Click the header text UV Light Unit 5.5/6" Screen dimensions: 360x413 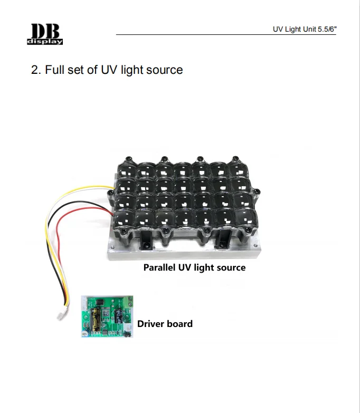pos(305,29)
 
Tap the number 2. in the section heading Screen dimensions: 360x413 pos(36,70)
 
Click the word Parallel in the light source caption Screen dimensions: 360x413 pos(159,267)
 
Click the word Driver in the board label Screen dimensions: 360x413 pos(151,323)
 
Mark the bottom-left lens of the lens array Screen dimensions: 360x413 pos(128,217)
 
